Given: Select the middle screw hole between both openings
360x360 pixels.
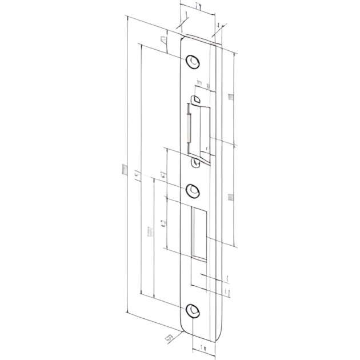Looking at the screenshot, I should (x=193, y=190).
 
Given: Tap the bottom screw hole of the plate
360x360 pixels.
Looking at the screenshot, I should (x=194, y=311).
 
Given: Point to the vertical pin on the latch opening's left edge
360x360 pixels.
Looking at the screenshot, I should (x=188, y=127).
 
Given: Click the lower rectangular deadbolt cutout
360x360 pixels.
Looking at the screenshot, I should (x=199, y=231).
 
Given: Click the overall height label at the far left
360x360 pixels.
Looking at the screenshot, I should (x=123, y=169).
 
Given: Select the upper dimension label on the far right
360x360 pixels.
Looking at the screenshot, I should (x=230, y=97).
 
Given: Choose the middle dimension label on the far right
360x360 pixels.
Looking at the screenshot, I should (x=231, y=197).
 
